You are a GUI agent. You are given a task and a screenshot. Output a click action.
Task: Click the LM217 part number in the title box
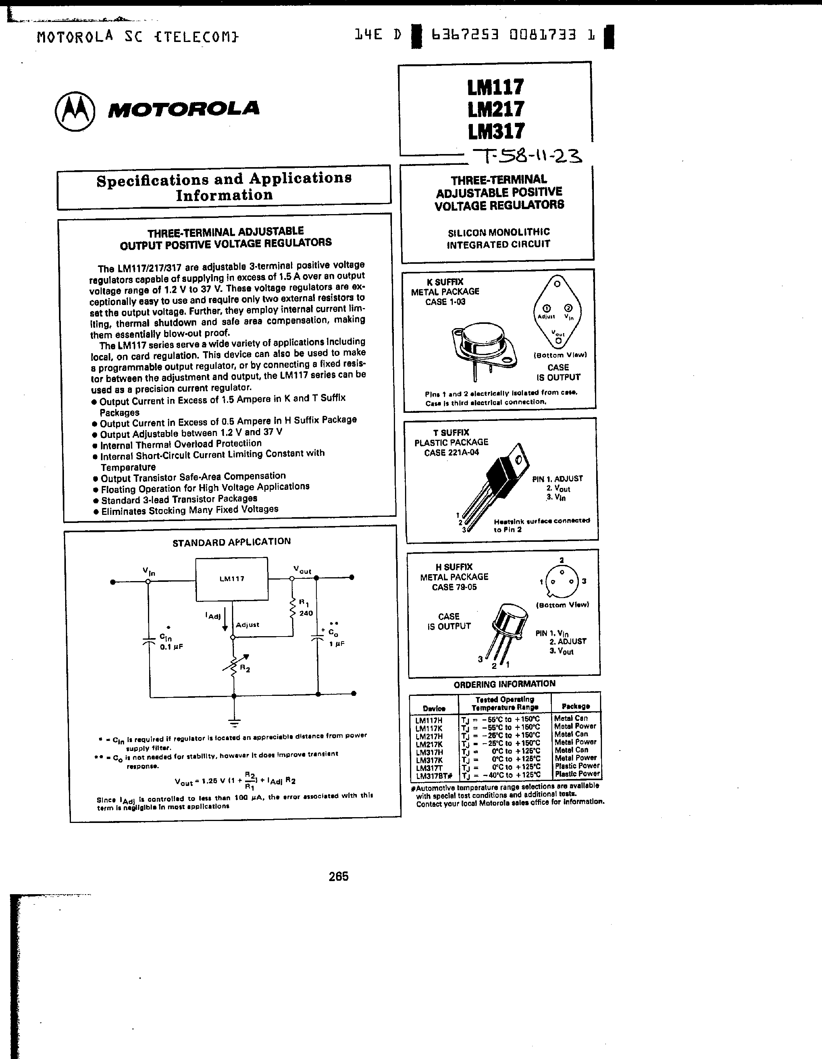[496, 109]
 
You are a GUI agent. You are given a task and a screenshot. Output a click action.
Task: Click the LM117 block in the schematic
[232, 579]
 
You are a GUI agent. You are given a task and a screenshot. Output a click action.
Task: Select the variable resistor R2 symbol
[234, 665]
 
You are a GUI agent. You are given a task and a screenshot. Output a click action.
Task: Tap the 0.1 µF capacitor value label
[171, 647]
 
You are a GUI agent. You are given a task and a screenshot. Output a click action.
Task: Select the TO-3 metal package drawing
[483, 348]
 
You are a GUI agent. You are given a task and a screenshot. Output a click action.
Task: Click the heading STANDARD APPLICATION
[232, 542]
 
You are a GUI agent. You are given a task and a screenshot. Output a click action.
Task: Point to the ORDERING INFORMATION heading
[504, 684]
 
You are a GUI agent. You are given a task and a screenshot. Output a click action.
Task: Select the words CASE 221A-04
[451, 453]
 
